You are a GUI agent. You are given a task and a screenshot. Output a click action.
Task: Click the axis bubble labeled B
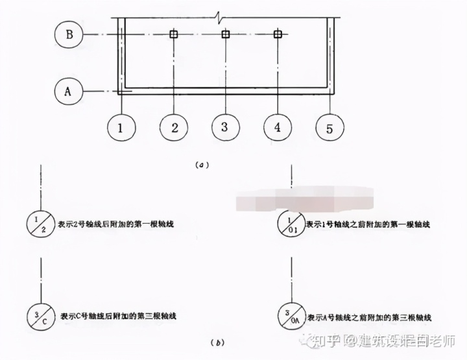pyautogui.click(x=69, y=34)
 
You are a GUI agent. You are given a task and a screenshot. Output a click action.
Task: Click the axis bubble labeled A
pyautogui.click(x=69, y=91)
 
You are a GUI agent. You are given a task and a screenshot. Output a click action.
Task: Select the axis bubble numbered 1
pyautogui.click(x=120, y=128)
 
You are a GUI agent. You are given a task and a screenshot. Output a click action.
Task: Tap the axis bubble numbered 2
pyautogui.click(x=174, y=128)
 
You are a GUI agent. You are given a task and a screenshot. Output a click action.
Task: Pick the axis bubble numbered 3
pyautogui.click(x=224, y=127)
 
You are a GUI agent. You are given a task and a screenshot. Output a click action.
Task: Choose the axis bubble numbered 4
pyautogui.click(x=278, y=128)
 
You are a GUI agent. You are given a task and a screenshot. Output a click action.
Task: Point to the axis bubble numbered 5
pyautogui.click(x=330, y=128)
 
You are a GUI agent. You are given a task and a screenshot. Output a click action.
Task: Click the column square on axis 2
pyautogui.click(x=173, y=34)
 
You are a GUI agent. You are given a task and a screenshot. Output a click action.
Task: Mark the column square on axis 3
pyautogui.click(x=225, y=34)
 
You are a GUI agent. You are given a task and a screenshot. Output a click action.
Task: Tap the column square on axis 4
pyautogui.click(x=278, y=34)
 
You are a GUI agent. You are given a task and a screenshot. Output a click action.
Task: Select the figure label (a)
pyautogui.click(x=201, y=165)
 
